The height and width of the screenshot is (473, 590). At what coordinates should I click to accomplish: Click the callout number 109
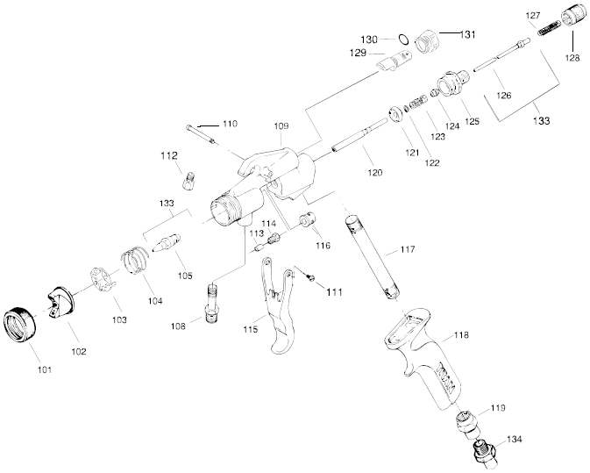[280, 127]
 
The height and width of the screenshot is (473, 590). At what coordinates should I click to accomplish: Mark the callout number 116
[323, 246]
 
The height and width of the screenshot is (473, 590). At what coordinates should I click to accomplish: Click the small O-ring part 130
[402, 39]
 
